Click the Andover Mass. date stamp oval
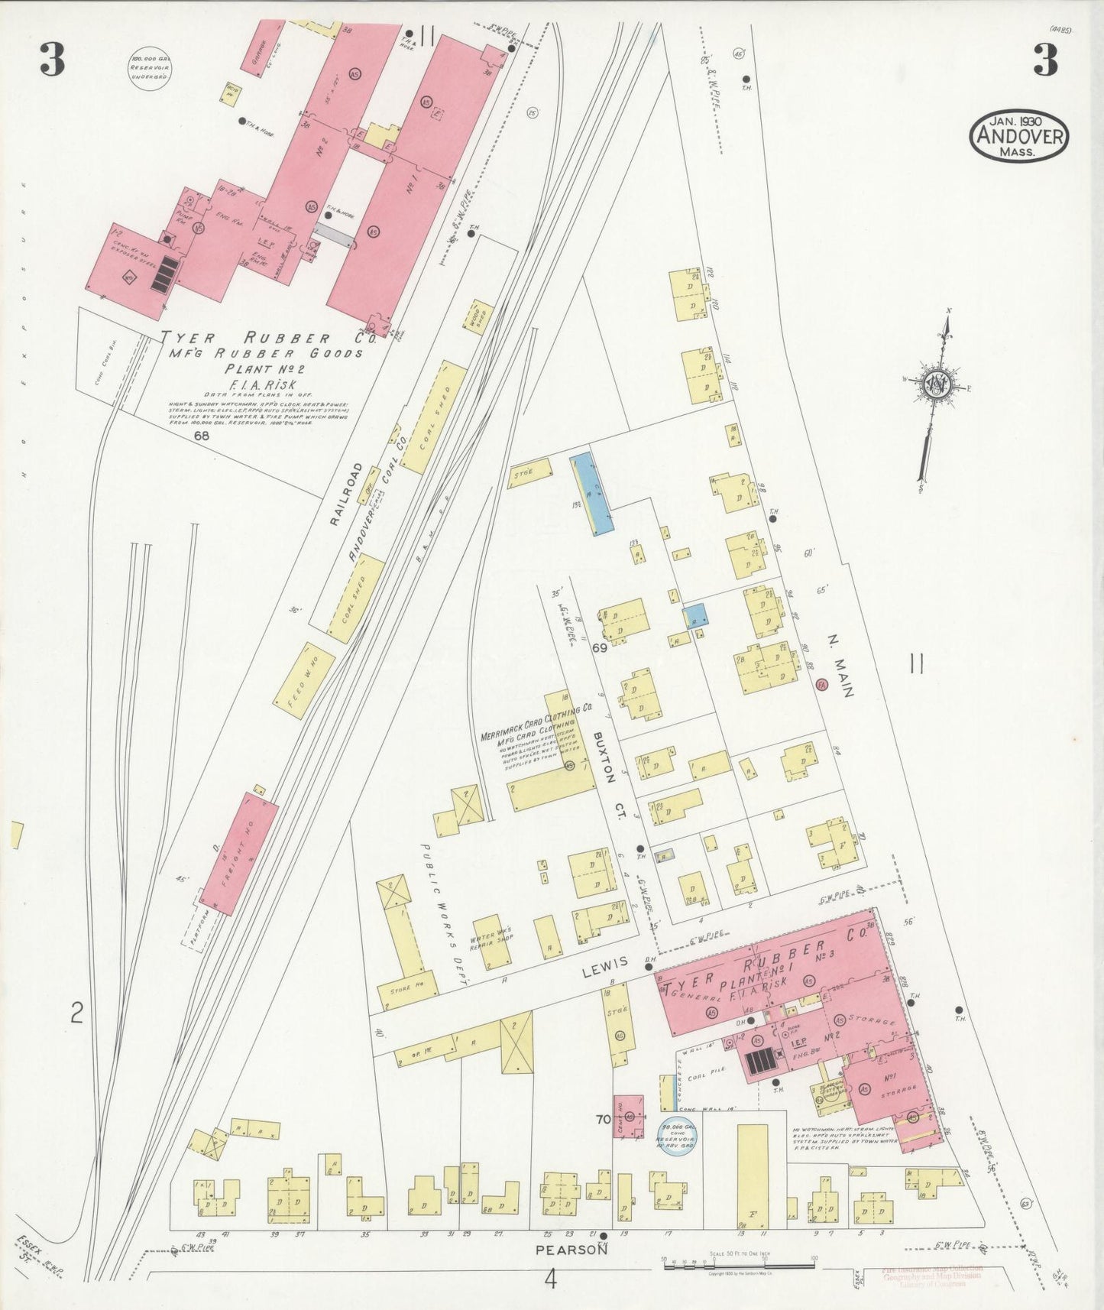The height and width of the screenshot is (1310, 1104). pyautogui.click(x=1018, y=136)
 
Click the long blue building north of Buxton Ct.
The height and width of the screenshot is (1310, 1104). pyautogui.click(x=592, y=494)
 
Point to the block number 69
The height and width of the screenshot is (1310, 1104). pyautogui.click(x=598, y=649)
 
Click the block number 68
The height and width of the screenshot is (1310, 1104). pyautogui.click(x=202, y=436)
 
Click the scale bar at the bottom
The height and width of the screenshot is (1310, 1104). pyautogui.click(x=739, y=1266)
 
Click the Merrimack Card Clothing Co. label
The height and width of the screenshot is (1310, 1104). pyautogui.click(x=536, y=722)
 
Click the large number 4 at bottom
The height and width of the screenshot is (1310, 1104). pyautogui.click(x=551, y=1279)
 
